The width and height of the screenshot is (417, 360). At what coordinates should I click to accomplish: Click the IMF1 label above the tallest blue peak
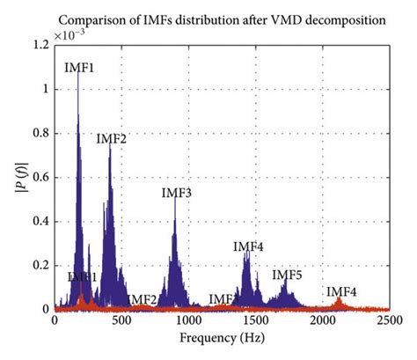(x=80, y=68)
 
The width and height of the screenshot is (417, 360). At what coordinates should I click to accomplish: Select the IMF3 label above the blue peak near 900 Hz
(x=177, y=193)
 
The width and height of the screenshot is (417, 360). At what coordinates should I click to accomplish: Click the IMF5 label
(x=287, y=276)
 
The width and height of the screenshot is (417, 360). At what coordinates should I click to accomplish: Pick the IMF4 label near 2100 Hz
(x=341, y=291)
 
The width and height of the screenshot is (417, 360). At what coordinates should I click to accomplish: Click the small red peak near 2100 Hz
(x=339, y=302)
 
